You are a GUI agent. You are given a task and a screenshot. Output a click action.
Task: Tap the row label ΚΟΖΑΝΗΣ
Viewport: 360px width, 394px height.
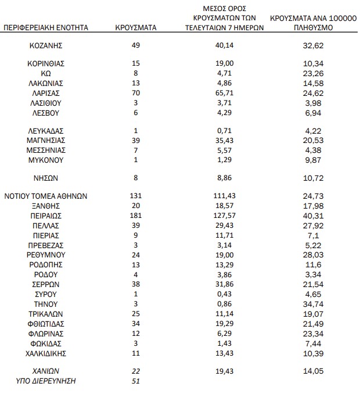click(x=45, y=45)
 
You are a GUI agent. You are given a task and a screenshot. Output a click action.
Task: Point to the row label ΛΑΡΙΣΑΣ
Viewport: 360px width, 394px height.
click(x=45, y=93)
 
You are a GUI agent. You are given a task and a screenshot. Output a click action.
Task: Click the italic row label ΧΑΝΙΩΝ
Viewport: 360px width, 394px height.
click(x=45, y=371)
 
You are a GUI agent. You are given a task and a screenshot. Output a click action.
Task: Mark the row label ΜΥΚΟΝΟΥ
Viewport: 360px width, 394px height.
click(x=45, y=160)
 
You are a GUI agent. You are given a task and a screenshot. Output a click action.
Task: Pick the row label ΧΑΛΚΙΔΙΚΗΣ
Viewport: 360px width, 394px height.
click(x=45, y=353)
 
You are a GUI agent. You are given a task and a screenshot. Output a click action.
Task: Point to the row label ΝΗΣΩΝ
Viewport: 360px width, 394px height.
click(x=45, y=178)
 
